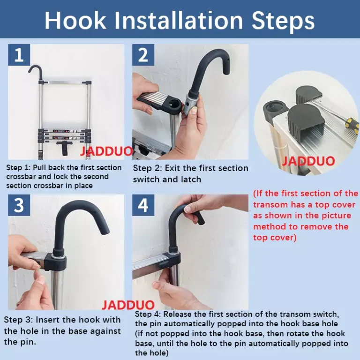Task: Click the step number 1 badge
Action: (x=19, y=55)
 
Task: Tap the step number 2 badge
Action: (x=143, y=55)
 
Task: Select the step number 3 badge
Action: (x=19, y=205)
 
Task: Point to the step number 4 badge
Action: (x=143, y=205)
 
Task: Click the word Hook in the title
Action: (x=75, y=20)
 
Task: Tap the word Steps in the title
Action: (x=283, y=21)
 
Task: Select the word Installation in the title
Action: (x=179, y=20)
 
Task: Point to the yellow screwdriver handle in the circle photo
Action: (x=353, y=125)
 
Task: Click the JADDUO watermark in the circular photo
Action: (x=308, y=161)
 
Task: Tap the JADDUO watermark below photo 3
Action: (x=128, y=305)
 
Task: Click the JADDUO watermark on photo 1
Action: (x=106, y=151)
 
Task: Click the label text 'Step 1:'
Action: (x=18, y=168)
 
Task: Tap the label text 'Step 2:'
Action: (x=147, y=168)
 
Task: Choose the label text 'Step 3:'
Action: (x=18, y=320)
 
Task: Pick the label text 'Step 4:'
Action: (x=148, y=314)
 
